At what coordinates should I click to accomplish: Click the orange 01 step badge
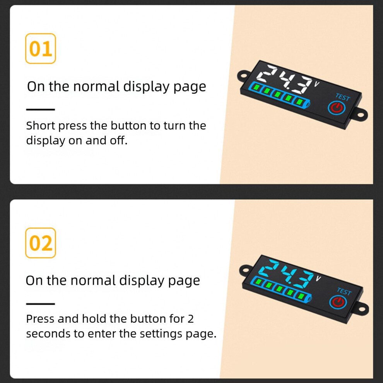(x=41, y=49)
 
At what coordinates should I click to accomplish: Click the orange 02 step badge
(x=41, y=243)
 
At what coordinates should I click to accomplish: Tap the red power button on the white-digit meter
(x=337, y=108)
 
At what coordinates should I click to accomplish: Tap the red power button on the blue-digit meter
(x=338, y=302)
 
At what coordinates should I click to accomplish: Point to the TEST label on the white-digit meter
(x=343, y=97)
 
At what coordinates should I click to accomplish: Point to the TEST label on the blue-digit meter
(x=344, y=291)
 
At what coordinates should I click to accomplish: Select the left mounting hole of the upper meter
(x=243, y=75)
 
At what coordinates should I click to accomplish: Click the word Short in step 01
(x=41, y=126)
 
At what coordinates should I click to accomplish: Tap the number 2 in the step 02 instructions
(x=191, y=319)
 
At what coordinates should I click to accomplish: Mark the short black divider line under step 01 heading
(x=41, y=109)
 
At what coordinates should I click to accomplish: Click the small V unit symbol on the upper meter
(x=316, y=84)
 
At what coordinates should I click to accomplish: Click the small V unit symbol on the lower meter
(x=318, y=278)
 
